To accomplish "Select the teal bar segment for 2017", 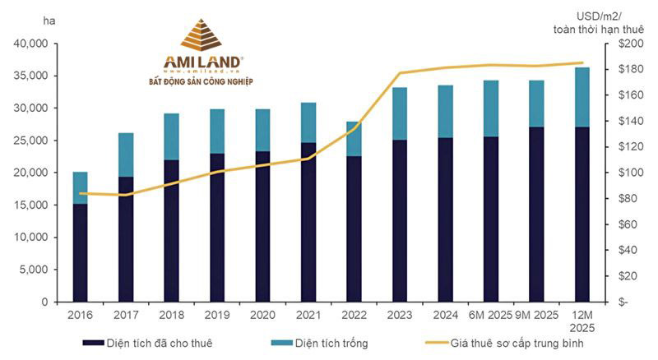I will click(x=126, y=155).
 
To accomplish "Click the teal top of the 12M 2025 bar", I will click(x=582, y=97).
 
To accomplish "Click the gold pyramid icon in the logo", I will click(x=201, y=36).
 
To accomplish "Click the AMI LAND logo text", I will click(x=201, y=62).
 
